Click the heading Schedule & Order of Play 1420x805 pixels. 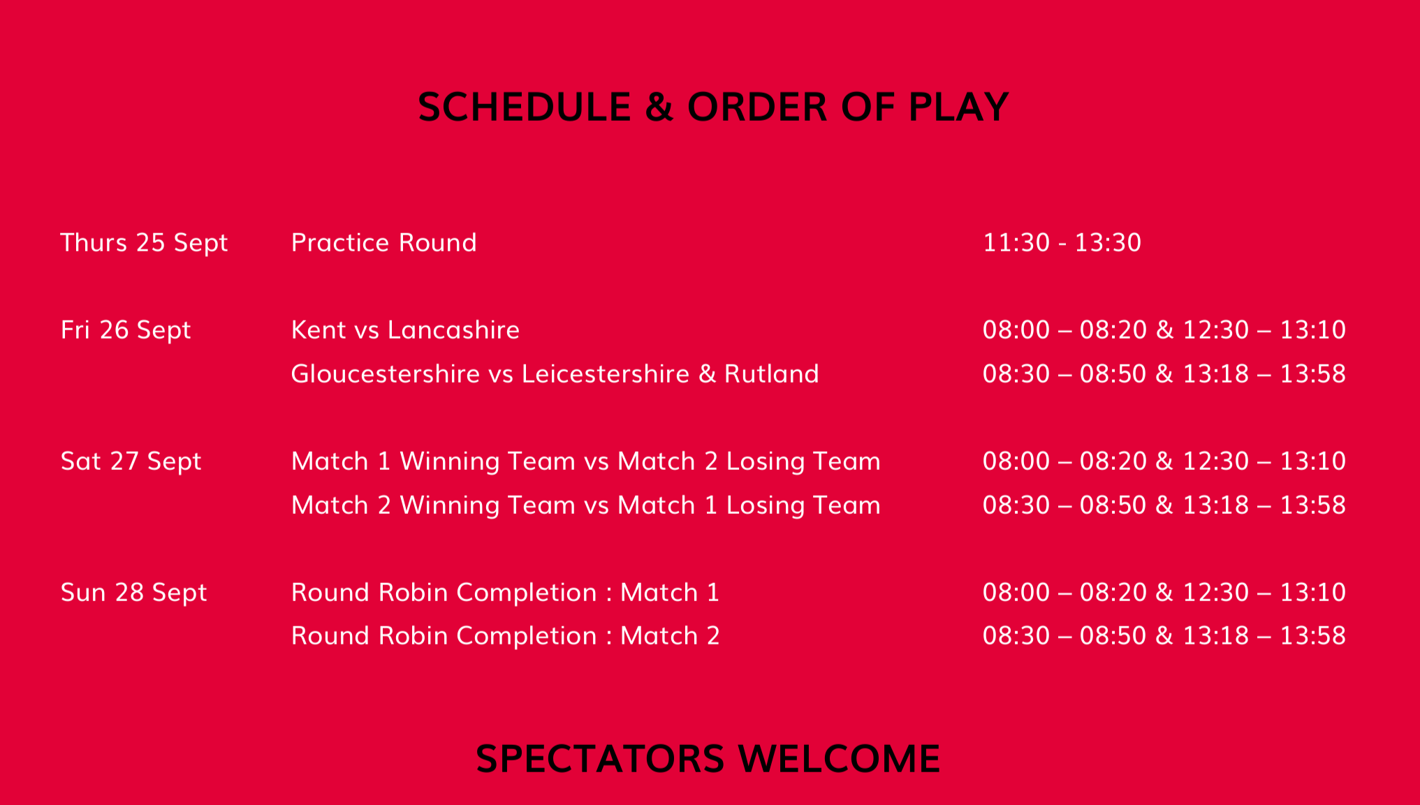(x=713, y=107)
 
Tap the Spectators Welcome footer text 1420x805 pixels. (x=708, y=758)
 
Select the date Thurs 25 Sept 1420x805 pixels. (x=144, y=243)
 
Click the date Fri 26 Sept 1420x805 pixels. (x=126, y=330)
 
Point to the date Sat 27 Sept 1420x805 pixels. (x=131, y=461)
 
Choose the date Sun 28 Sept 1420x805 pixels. (x=133, y=593)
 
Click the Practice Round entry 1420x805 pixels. (x=383, y=242)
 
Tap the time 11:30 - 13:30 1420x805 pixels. (x=1062, y=242)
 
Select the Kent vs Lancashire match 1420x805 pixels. (x=405, y=330)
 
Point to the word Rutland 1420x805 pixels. (x=771, y=374)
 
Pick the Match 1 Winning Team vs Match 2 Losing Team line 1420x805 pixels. (x=585, y=461)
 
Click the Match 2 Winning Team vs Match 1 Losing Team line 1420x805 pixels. (x=585, y=505)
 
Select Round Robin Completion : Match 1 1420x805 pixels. (x=505, y=592)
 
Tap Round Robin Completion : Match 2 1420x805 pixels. (x=505, y=635)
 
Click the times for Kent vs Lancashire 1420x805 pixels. (x=1164, y=330)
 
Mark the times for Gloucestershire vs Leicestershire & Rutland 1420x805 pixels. (x=1164, y=374)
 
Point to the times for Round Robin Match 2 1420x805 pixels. (x=1164, y=635)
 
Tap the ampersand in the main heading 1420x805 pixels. (x=659, y=107)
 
